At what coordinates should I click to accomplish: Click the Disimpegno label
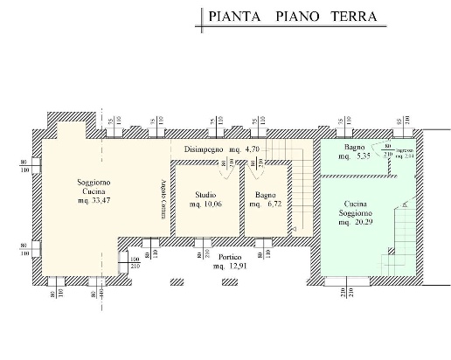click(205, 149)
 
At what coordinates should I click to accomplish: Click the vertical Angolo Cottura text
click(163, 196)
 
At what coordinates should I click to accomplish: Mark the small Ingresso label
click(404, 154)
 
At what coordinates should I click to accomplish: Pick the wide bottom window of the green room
click(341, 281)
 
